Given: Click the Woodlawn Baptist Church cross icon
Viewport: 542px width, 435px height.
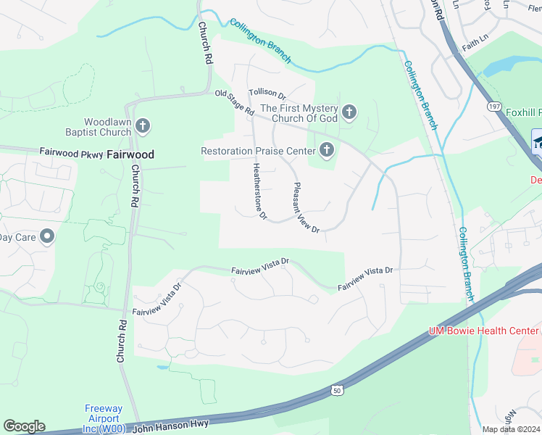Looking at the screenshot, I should pyautogui.click(x=143, y=127).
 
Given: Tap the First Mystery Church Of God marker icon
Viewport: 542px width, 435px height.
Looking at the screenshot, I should pyautogui.click(x=349, y=112).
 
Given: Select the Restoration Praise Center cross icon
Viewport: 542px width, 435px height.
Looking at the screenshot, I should pyautogui.click(x=327, y=150).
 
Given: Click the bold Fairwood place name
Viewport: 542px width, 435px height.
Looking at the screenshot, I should pyautogui.click(x=130, y=154).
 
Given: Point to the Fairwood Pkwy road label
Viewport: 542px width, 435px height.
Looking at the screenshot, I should pyautogui.click(x=71, y=153).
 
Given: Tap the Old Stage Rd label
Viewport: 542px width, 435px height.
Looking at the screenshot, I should pyautogui.click(x=234, y=102).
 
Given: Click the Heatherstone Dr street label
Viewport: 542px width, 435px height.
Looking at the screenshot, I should pyautogui.click(x=259, y=191).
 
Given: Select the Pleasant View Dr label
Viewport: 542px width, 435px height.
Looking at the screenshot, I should pyautogui.click(x=306, y=207).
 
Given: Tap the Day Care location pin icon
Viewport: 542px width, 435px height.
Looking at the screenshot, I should pyautogui.click(x=47, y=236).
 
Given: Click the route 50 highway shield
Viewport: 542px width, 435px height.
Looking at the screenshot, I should pyautogui.click(x=337, y=390).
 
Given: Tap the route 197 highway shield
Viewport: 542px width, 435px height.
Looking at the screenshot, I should pyautogui.click(x=495, y=107).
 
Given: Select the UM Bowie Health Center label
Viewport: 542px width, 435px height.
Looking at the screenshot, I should pyautogui.click(x=483, y=331).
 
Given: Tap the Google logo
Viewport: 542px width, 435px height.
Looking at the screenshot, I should pyautogui.click(x=23, y=426).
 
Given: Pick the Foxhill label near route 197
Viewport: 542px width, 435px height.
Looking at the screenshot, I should pyautogui.click(x=520, y=112).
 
